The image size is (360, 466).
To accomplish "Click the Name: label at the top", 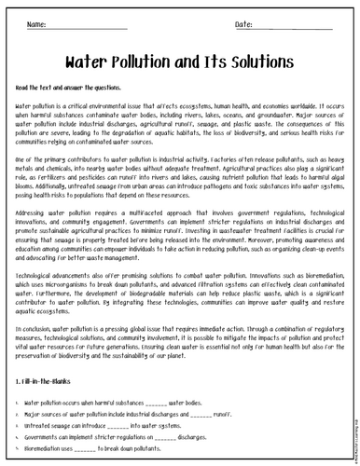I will click(x=40, y=23).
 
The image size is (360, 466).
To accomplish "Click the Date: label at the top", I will click(x=217, y=23).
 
